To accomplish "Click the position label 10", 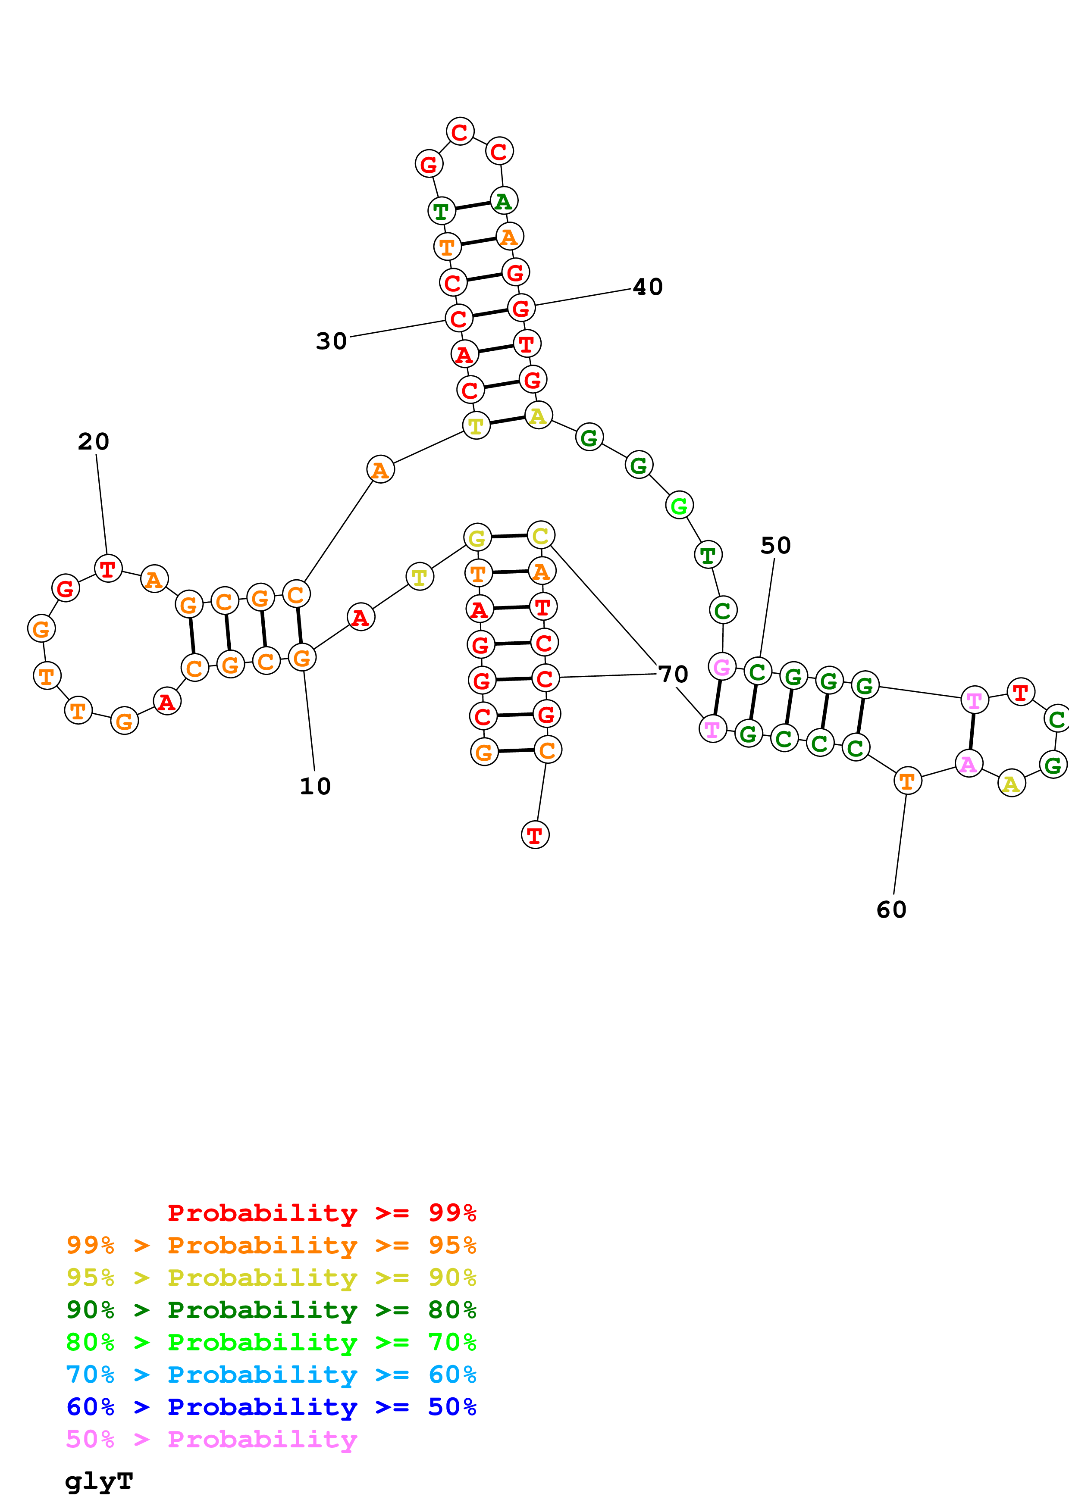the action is coord(315,786).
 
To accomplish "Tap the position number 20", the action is coord(94,441).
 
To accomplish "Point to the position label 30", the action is coord(331,341).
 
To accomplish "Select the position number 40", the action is coord(647,287).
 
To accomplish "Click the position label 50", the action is coord(775,545).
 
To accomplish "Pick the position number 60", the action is coord(891,909).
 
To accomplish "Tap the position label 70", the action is coord(673,674).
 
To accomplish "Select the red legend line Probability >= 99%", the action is coord(321,1213).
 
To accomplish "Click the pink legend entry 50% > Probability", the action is coord(211,1439).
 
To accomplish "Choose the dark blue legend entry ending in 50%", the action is coord(271,1407).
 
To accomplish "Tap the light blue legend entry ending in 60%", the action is coord(271,1375).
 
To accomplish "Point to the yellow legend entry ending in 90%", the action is coord(271,1278).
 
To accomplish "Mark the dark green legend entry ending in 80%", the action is coord(271,1310).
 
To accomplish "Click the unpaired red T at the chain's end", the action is coord(535,835).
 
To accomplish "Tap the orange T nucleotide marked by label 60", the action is coord(907,781).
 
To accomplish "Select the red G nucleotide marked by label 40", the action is coord(521,308).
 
